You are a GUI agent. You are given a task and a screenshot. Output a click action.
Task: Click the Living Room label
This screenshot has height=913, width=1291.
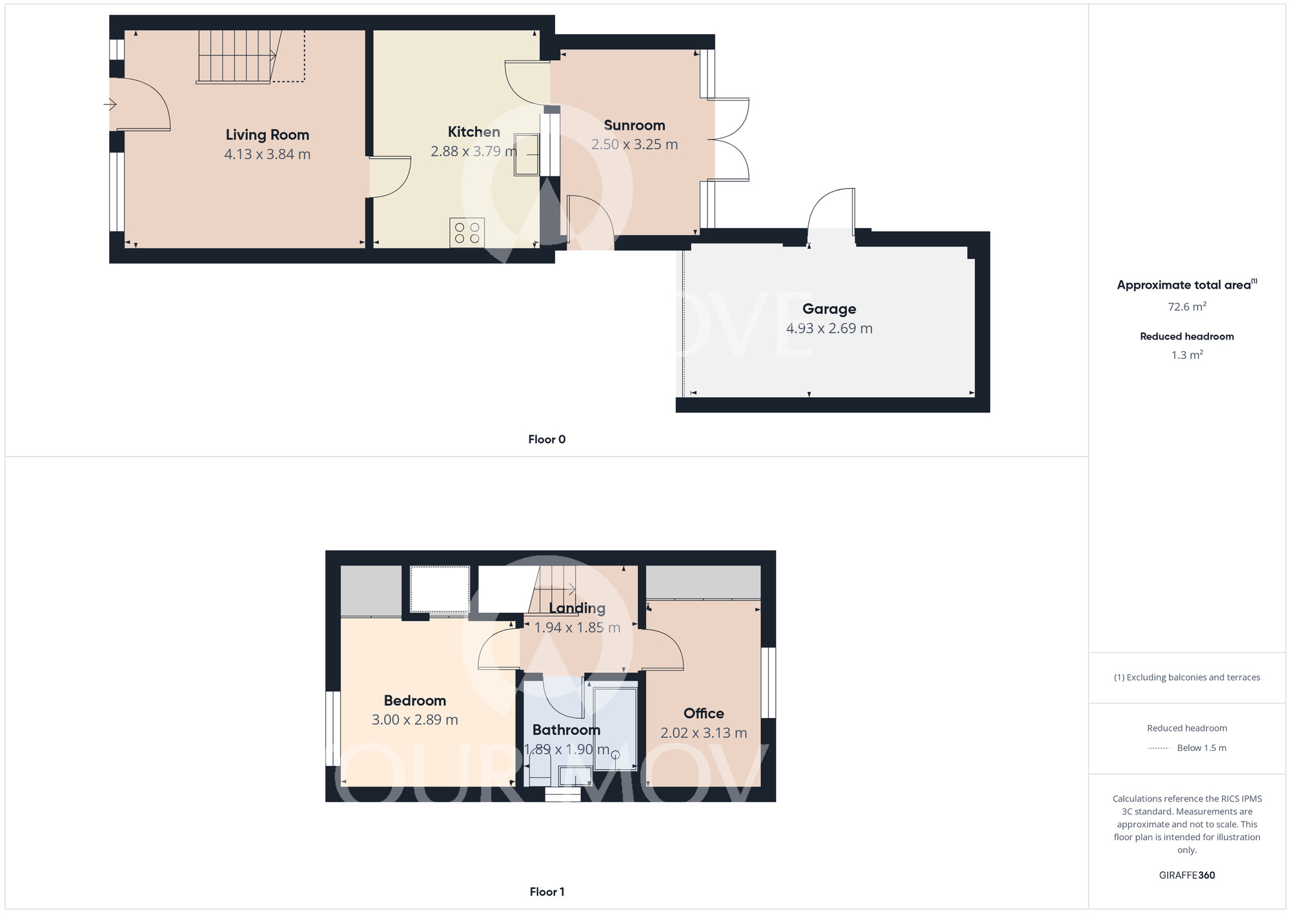(267, 135)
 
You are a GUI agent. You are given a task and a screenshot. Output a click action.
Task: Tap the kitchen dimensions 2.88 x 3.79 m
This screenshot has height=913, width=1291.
(473, 151)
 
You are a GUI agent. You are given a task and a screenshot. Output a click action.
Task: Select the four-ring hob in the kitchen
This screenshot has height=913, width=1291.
(467, 233)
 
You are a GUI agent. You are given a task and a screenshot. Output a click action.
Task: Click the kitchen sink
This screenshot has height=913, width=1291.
(526, 154)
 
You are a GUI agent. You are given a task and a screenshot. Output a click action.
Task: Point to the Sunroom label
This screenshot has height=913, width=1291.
(634, 125)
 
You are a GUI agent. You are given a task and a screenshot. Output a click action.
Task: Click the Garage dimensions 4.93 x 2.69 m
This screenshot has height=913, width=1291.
(829, 328)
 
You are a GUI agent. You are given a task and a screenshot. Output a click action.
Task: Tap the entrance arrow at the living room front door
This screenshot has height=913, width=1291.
(110, 104)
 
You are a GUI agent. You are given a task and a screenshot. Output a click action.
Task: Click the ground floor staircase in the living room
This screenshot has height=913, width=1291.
(236, 57)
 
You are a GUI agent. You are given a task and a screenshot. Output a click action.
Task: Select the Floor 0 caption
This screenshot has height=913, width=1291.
(546, 440)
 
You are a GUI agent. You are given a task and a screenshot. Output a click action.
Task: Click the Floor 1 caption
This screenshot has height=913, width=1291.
(546, 892)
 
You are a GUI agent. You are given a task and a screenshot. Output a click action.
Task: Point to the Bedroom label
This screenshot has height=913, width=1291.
(414, 701)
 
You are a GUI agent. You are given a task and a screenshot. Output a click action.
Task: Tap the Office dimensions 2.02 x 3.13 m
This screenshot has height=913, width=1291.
(703, 733)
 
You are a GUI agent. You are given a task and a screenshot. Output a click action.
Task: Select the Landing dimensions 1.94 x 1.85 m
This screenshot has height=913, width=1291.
(576, 628)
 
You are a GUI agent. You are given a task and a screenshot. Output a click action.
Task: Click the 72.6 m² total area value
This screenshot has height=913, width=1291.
(1186, 307)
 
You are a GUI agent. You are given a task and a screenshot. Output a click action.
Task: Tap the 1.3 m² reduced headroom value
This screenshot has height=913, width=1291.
(1186, 355)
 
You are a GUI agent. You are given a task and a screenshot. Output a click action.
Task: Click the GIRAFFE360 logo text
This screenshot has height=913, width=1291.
(1186, 876)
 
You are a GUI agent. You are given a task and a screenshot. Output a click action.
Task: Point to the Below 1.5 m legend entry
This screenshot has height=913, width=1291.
(1201, 748)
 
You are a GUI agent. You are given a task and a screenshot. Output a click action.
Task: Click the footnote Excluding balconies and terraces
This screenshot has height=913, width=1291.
(1186, 677)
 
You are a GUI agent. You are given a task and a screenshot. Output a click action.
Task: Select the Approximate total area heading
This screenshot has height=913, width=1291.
(1184, 285)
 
